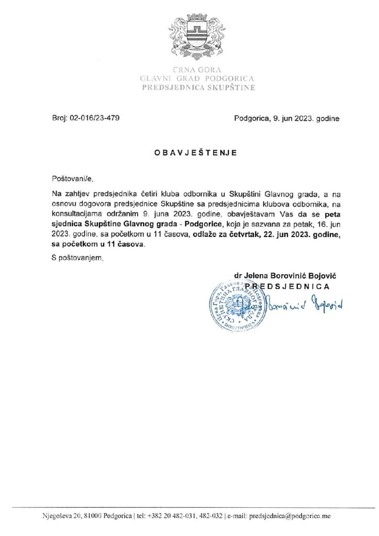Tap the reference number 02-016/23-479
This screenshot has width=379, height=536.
[98, 118]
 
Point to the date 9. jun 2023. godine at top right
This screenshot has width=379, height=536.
[306, 118]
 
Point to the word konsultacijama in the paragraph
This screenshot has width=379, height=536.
[75, 214]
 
